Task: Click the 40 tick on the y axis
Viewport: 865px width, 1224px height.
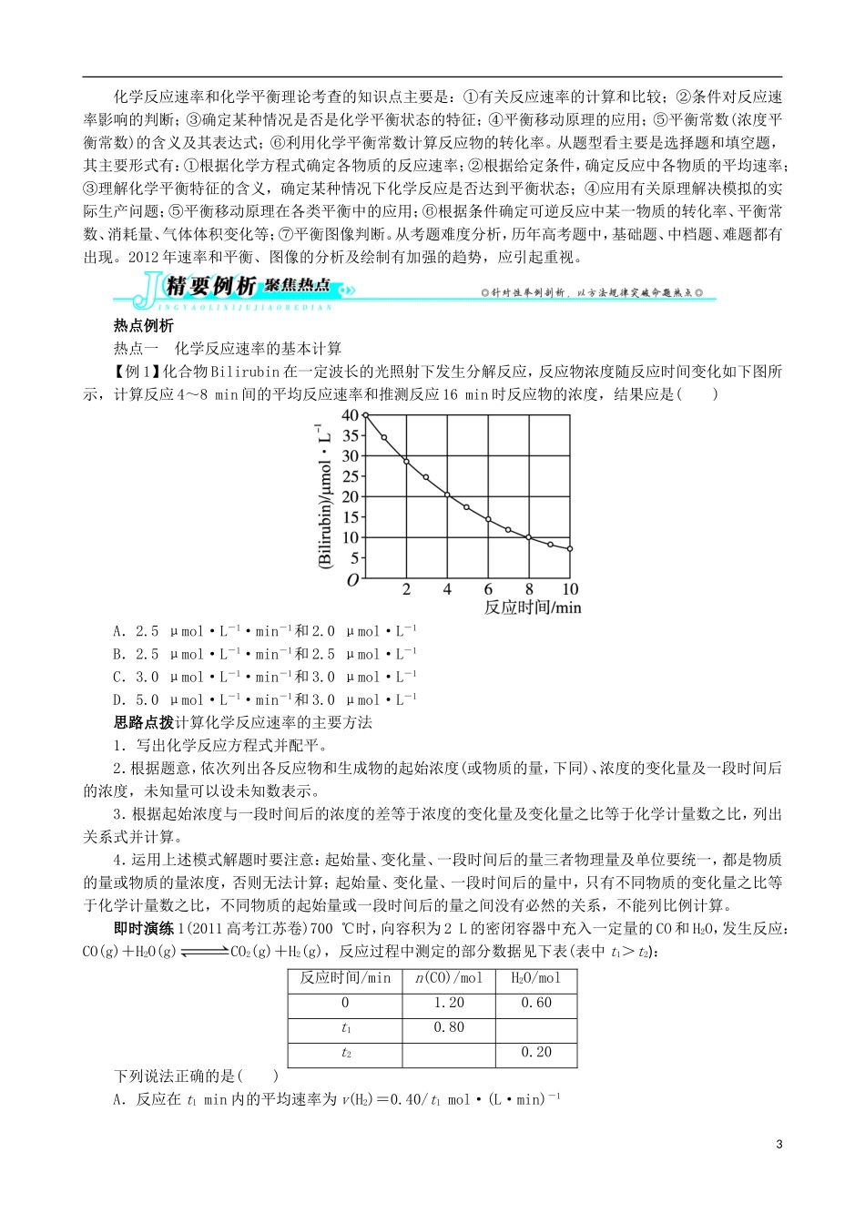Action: [350, 415]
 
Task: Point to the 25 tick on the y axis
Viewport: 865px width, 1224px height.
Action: [350, 476]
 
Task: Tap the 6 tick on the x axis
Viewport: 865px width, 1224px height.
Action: [488, 589]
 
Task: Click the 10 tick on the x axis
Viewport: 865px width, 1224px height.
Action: [570, 589]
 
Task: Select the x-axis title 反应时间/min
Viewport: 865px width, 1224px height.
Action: [532, 607]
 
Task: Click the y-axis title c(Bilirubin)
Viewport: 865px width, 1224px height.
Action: [325, 496]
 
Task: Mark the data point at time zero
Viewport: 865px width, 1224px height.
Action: [365, 415]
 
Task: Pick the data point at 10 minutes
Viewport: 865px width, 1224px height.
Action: [570, 548]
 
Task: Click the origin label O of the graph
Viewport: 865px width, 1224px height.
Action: [352, 579]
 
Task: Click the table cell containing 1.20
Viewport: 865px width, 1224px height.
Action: [448, 1003]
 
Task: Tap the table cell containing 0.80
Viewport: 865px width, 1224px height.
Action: [448, 1027]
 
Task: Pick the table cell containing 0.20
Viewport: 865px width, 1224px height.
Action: [535, 1052]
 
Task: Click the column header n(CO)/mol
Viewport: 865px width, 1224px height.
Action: [448, 978]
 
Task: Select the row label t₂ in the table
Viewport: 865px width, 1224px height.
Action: [346, 1053]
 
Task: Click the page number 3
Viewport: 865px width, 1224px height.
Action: [778, 1144]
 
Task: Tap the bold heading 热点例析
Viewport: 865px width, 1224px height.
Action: [143, 325]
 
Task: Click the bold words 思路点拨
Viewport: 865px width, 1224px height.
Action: [143, 722]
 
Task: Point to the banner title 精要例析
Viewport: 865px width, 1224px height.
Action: [211, 287]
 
